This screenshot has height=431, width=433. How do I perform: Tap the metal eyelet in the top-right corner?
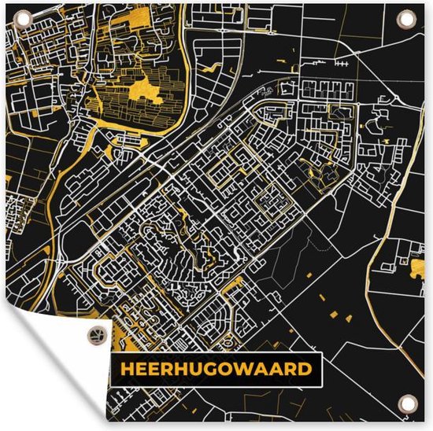pos(406,18)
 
